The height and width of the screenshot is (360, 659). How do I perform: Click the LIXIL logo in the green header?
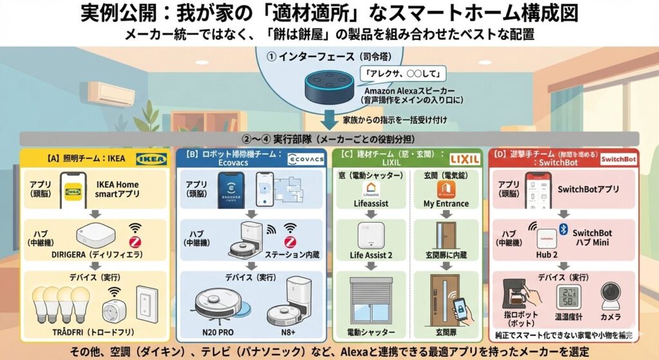click(465, 158)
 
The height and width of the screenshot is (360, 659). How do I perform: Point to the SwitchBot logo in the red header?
click(617, 158)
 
